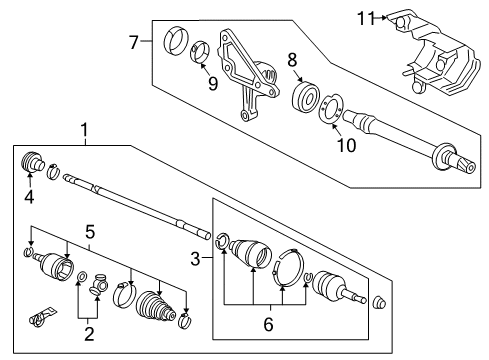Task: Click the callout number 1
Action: click(x=85, y=129)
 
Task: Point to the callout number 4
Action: click(x=28, y=196)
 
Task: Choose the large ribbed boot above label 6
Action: click(x=251, y=256)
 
